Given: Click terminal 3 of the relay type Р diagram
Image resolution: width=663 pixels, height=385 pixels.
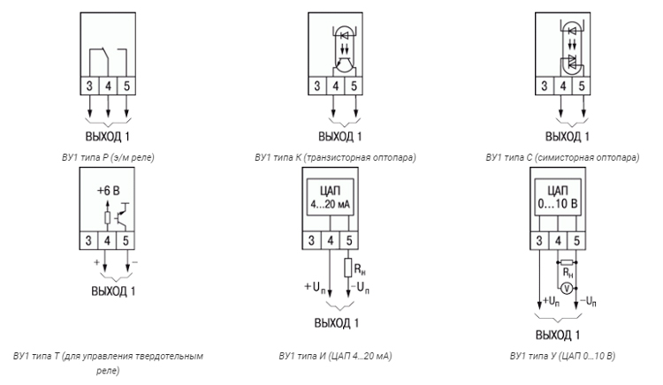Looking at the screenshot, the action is click(x=89, y=87).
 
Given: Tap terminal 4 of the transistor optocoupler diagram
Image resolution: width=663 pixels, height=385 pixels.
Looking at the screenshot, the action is click(x=336, y=87).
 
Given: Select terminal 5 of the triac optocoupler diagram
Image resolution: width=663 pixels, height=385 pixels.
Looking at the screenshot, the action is click(x=582, y=87).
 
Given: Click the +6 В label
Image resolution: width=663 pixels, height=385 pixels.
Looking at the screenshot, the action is click(x=109, y=191).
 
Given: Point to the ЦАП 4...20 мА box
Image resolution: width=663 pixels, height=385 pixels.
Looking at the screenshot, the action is click(x=331, y=197).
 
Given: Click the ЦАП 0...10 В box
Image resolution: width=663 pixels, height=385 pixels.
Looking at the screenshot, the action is click(x=557, y=197).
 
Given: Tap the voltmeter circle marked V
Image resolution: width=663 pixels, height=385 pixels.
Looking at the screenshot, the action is click(x=567, y=289).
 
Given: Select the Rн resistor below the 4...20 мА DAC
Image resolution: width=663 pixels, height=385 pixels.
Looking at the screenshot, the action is click(x=348, y=268).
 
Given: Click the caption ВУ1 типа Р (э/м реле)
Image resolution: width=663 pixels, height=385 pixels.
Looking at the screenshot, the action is click(x=108, y=157).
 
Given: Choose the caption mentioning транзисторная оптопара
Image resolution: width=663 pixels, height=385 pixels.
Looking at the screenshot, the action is click(x=335, y=157).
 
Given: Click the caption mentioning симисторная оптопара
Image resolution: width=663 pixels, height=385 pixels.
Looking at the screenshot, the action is click(x=562, y=157).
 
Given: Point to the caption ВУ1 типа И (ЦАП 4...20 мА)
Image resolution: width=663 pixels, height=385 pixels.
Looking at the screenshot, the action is click(x=335, y=356).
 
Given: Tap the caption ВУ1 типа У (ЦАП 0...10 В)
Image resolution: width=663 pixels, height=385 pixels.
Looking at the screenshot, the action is click(x=562, y=356).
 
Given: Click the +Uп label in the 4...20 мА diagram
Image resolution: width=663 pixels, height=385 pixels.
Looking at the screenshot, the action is click(x=315, y=288).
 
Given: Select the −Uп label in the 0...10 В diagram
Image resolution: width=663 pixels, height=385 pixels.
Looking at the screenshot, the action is click(x=588, y=301).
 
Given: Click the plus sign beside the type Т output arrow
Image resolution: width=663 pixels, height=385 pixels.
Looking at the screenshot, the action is click(x=97, y=262).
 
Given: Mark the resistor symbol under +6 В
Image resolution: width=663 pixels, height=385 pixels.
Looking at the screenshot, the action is click(x=107, y=218).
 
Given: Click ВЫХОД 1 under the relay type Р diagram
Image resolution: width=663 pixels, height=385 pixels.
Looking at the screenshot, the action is click(x=107, y=136).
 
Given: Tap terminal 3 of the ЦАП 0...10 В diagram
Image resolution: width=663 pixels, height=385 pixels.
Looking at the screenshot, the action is click(x=539, y=240).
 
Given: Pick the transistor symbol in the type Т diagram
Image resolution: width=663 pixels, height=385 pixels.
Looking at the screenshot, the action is click(x=122, y=215).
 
